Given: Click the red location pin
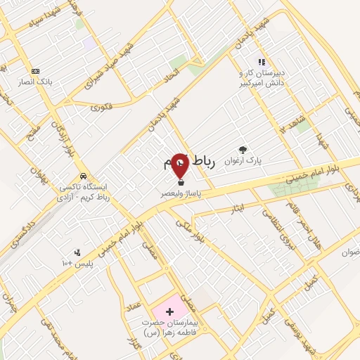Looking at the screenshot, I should [x=179, y=165].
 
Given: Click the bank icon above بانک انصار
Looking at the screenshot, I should [x=36, y=70].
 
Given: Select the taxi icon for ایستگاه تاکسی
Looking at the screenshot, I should [x=84, y=176].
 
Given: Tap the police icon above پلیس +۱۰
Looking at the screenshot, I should [x=77, y=252].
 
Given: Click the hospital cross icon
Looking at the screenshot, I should [x=169, y=310].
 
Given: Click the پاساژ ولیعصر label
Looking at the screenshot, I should [x=179, y=191].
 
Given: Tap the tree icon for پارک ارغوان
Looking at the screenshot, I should [x=243, y=149].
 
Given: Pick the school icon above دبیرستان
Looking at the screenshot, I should [x=262, y=62].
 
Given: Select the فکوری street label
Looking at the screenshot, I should [x=102, y=108].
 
